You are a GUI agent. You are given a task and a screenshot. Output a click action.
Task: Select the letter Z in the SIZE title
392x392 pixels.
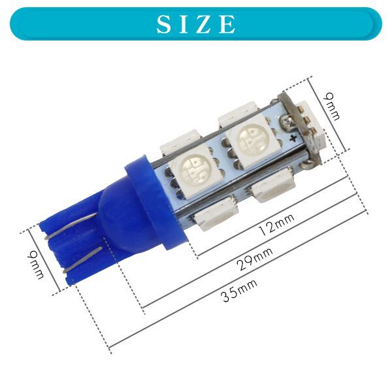click(204, 24)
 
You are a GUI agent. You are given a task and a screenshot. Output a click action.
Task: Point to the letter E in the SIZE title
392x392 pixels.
click(227, 24)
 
